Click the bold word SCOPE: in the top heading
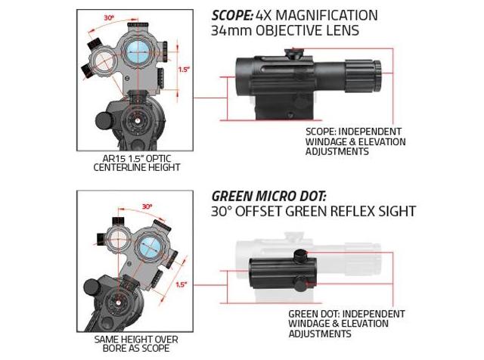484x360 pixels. pos(232,15)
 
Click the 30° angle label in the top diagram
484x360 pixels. pos(109,18)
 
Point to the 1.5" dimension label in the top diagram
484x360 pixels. pos(183,70)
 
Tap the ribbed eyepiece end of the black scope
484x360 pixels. pos(363,76)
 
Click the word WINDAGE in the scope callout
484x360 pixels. pos(321,141)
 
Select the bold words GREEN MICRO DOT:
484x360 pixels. pos(269,196)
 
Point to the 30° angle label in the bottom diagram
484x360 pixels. pos(147,206)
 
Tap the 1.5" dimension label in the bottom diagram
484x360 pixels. pos(181,284)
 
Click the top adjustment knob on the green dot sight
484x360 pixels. pos(299,256)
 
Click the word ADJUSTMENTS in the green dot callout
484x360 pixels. pos(320,334)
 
